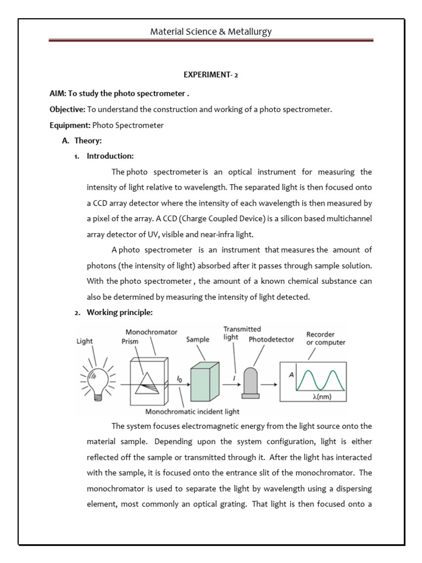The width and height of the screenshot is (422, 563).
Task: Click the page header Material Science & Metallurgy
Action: point(211,31)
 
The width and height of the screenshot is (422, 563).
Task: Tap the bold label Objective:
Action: point(67,109)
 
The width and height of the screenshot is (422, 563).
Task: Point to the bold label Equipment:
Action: point(70,125)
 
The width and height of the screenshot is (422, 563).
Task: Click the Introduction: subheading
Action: point(110,157)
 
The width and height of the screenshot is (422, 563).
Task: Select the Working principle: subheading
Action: point(119,312)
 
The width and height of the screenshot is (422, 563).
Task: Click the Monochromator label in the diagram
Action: point(151,332)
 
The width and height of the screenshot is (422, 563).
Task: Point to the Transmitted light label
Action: point(242,333)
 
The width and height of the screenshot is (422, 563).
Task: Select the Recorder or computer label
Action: point(326,338)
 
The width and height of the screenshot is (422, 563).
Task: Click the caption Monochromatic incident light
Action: point(192,411)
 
